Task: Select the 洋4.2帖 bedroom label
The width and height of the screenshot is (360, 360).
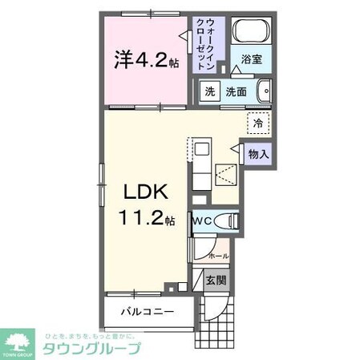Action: click(x=146, y=60)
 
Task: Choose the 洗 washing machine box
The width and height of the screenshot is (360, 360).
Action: click(x=209, y=91)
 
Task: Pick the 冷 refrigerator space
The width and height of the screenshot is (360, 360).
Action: click(x=257, y=123)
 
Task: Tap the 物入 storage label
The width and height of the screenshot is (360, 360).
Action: click(x=257, y=152)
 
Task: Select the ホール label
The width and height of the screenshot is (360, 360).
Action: click(x=218, y=256)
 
